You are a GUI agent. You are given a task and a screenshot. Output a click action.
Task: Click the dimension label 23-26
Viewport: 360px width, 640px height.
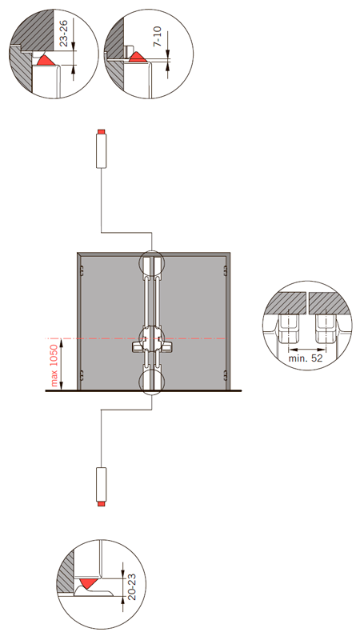point(63,33)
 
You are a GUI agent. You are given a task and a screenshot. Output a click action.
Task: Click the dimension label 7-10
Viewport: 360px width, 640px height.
point(158,36)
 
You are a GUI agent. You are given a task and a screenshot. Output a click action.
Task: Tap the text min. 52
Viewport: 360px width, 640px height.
point(306,358)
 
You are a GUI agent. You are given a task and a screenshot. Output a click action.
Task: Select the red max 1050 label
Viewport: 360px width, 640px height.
point(54,363)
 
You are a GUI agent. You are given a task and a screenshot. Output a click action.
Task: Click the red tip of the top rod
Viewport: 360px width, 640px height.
point(101,132)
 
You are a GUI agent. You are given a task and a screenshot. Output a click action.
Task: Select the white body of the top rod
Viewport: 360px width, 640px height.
point(101,151)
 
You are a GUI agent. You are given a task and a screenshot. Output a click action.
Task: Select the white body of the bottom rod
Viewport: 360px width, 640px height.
point(101,485)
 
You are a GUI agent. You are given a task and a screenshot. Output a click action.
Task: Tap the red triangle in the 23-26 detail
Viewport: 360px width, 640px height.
point(46,60)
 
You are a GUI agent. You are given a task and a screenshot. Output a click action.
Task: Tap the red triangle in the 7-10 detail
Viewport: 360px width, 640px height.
point(138,57)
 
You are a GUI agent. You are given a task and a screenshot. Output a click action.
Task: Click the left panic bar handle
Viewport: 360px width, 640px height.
point(138,346)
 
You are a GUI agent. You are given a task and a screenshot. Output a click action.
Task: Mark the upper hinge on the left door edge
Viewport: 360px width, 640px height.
point(82,270)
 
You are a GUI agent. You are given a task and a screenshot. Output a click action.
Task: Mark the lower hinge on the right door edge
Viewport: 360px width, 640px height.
point(226,374)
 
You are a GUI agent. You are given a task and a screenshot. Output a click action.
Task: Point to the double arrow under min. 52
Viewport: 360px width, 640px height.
point(306,350)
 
